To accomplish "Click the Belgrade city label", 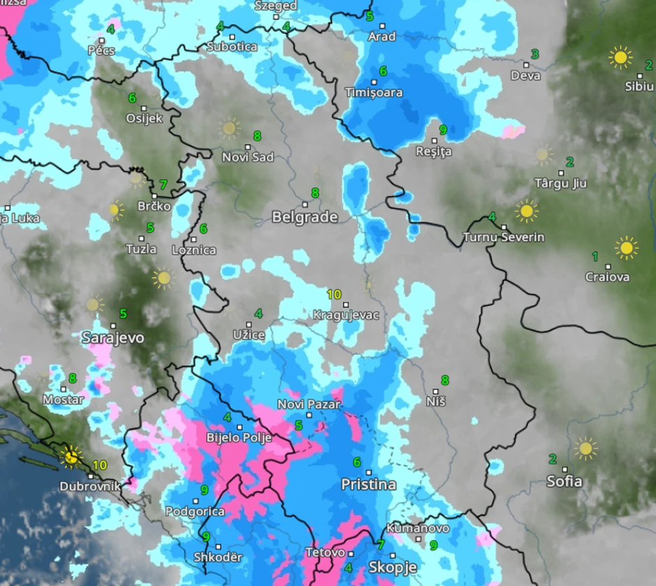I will point(304,217).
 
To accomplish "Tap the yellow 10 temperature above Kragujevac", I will point(334,294).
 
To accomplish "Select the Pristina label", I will point(368,484).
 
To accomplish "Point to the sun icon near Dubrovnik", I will point(70,457).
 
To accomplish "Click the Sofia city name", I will point(564,481).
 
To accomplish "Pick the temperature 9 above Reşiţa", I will point(442,130).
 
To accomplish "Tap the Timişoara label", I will point(373,92).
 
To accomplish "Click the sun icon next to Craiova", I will point(626,248).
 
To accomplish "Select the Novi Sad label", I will point(248,157).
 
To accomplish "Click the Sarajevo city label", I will point(113,338).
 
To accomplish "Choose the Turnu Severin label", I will point(503,237).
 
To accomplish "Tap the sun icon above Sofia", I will point(585,448).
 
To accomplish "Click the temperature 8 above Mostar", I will point(72,378).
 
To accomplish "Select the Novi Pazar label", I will point(309,404).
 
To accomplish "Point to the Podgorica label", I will point(195,511).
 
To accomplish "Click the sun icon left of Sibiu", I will point(620,57).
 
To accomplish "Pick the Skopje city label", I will point(392,566).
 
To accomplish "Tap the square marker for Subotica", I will point(232,36).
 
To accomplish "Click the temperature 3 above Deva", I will point(535,54).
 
